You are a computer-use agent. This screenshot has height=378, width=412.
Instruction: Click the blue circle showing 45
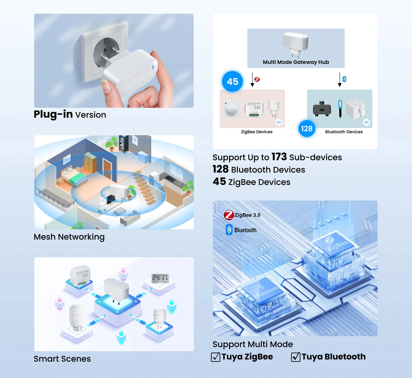(232, 82)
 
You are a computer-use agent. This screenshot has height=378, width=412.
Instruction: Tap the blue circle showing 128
(307, 129)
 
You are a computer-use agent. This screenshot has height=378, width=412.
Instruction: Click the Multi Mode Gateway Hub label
(296, 62)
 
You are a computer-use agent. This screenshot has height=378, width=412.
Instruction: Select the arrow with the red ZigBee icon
(253, 80)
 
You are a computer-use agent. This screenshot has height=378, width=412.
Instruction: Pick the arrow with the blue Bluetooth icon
(340, 80)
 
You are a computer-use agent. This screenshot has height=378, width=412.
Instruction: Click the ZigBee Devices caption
(257, 132)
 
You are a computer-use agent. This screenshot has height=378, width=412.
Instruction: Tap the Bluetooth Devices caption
(344, 132)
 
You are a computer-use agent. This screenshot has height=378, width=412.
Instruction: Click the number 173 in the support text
(279, 157)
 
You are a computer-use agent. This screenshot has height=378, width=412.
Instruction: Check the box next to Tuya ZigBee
(216, 357)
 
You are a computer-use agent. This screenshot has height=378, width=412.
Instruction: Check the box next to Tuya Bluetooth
(296, 357)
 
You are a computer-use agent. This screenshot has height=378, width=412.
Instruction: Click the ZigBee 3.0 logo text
(247, 215)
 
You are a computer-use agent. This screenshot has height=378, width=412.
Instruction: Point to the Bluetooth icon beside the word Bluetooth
(229, 230)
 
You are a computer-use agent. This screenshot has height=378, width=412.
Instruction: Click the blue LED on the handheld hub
(153, 67)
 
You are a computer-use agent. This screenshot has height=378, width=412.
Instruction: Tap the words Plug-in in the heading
(53, 114)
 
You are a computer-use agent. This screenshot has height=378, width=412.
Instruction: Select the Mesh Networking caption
(69, 237)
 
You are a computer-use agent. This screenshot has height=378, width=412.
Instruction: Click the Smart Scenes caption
(62, 359)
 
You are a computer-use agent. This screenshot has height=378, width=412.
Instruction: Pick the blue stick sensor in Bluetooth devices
(340, 108)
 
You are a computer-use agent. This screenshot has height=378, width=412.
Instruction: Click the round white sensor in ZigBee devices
(231, 109)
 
